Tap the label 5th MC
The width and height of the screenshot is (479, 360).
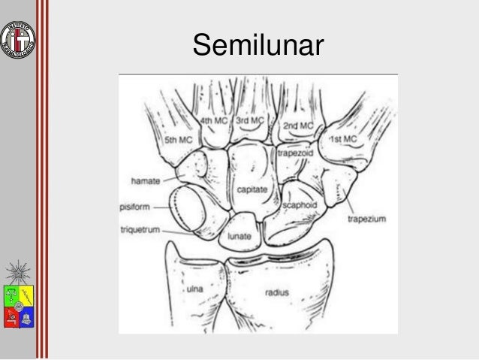[x=179, y=140]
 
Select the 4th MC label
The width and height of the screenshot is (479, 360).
[x=215, y=120]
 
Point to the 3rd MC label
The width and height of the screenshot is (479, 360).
[x=250, y=120]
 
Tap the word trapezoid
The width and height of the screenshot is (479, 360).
[x=295, y=151]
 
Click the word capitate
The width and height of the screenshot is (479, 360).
[x=252, y=192]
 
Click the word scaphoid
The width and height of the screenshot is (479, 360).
[x=299, y=204]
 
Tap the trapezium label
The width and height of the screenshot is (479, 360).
[x=366, y=219]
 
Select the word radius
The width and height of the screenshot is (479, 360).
[x=278, y=292]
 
